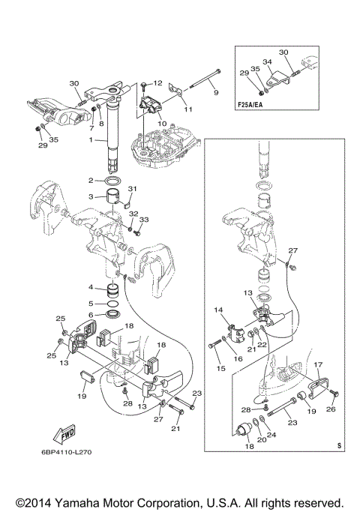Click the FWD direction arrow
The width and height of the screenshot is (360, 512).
tap(64, 435)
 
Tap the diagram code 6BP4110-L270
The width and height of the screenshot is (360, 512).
tap(66, 452)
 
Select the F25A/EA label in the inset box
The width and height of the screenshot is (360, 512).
tap(250, 105)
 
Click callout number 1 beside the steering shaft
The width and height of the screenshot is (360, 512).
tap(91, 139)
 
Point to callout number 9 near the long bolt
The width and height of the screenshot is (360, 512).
tap(216, 92)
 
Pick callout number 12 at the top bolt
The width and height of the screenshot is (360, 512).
tap(157, 83)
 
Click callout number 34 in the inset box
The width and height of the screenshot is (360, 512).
tap(267, 61)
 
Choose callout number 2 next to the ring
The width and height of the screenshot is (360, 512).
tap(91, 180)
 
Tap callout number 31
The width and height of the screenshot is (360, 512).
tap(132, 189)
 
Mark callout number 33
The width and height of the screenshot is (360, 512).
tap(144, 220)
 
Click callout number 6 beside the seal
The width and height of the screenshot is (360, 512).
tap(91, 315)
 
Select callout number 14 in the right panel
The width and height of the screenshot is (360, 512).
tap(218, 310)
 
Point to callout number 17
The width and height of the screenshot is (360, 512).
tap(319, 364)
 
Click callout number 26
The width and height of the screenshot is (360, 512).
tap(331, 409)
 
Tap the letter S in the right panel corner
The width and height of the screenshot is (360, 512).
tap(339, 445)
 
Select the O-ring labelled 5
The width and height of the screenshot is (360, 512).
tap(112, 304)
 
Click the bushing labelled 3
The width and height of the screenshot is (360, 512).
tap(112, 196)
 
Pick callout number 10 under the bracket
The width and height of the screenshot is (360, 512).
tap(162, 124)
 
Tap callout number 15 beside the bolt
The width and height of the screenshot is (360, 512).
tap(220, 368)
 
